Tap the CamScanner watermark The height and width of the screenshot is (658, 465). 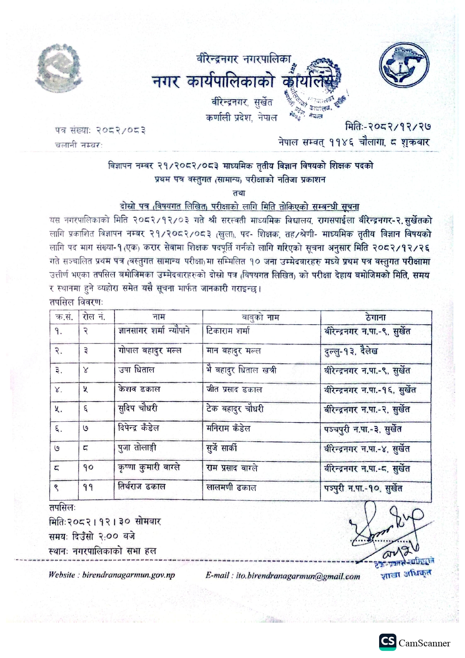click(414, 643)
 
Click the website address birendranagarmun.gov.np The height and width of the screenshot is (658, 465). click(111, 575)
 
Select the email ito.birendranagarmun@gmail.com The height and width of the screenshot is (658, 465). click(282, 576)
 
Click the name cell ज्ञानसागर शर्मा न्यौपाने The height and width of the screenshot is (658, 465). click(154, 331)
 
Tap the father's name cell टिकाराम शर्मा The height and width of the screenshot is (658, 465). click(228, 331)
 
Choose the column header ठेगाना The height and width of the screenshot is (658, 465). click(375, 317)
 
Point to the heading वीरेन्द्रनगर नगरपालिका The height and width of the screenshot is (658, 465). click(243, 59)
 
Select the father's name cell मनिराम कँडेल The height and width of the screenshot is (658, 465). click(228, 428)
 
